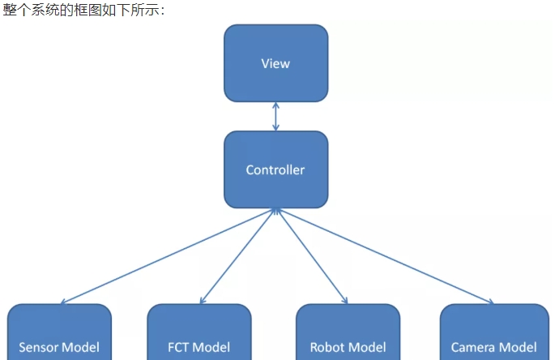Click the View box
point(275,63)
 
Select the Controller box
point(275,169)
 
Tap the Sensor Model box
point(59,332)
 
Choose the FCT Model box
point(199,332)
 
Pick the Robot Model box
point(348,332)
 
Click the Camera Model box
point(493,332)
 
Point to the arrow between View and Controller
point(275,117)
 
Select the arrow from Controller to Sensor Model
point(166,256)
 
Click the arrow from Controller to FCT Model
point(237,256)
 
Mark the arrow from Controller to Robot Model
point(312,256)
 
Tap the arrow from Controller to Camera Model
point(385,256)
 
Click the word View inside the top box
point(275,63)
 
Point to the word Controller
point(275,170)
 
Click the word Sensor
point(40,347)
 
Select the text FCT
point(179,347)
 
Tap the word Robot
point(328,347)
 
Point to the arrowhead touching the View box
point(275,105)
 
